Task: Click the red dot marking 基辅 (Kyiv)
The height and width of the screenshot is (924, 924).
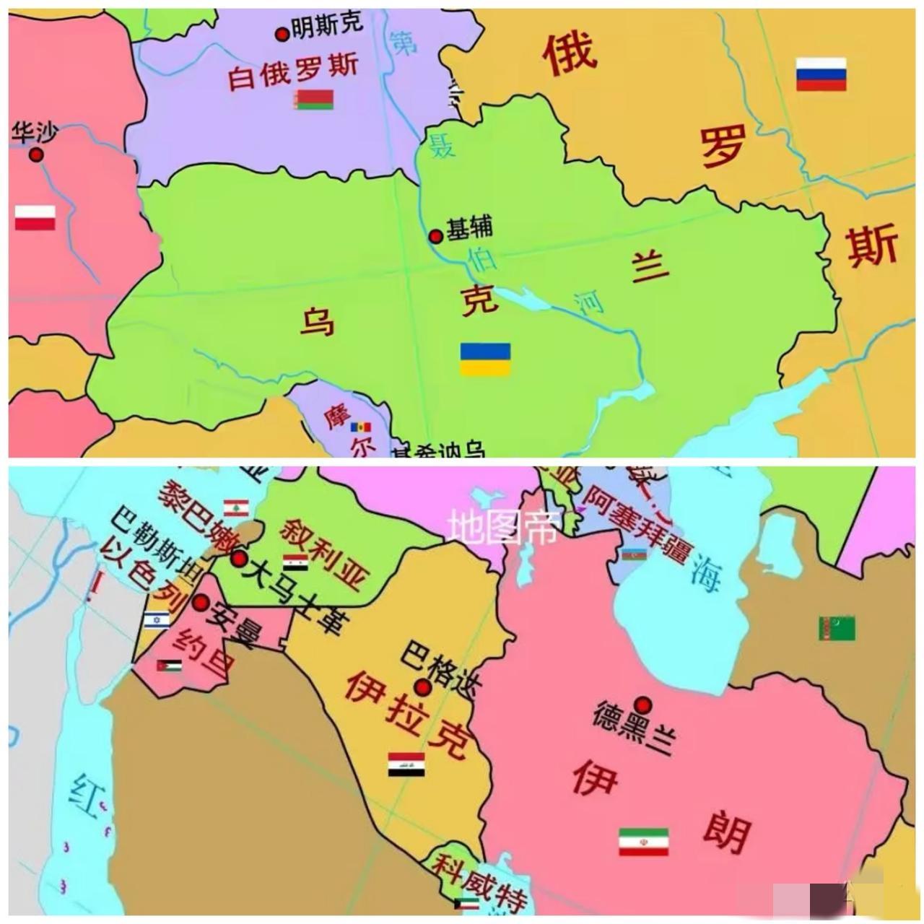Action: click(x=435, y=236)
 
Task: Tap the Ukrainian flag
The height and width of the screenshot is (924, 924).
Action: click(x=485, y=359)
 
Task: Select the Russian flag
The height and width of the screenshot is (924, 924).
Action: click(x=821, y=74)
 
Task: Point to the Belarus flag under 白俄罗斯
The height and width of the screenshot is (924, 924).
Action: click(x=315, y=100)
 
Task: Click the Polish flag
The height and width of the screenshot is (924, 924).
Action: click(x=35, y=217)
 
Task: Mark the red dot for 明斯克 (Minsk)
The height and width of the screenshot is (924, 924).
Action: click(x=282, y=33)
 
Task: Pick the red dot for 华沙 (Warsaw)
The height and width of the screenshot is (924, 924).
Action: click(x=35, y=154)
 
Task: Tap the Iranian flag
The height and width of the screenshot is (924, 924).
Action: click(x=643, y=842)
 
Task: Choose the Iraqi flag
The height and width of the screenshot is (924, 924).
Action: click(x=406, y=764)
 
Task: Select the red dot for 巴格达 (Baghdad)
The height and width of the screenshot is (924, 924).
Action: click(x=422, y=687)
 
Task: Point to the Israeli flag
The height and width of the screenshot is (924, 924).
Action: click(x=156, y=619)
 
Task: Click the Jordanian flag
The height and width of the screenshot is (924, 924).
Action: click(x=169, y=666)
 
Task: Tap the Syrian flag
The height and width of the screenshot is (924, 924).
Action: click(x=295, y=562)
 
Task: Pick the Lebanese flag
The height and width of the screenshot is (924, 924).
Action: click(x=236, y=507)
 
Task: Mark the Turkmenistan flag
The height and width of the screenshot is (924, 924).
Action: click(x=837, y=628)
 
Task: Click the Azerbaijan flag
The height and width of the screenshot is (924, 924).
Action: click(x=633, y=554)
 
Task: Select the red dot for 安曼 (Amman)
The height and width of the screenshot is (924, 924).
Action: click(x=201, y=603)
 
